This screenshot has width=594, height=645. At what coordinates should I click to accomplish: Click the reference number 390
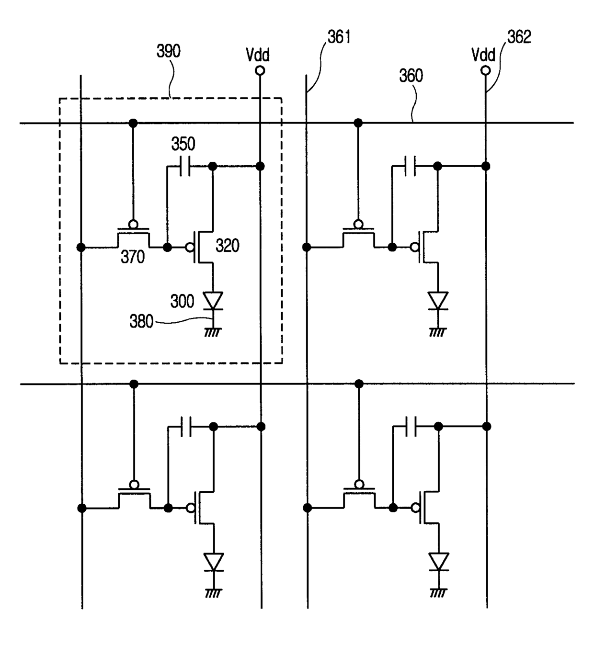click(x=168, y=51)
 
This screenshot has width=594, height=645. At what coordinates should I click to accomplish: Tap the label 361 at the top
click(x=339, y=37)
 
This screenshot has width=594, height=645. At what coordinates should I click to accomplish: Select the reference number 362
click(x=519, y=37)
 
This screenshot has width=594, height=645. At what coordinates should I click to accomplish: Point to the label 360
click(x=411, y=76)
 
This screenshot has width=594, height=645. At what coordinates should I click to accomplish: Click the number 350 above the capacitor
click(x=183, y=144)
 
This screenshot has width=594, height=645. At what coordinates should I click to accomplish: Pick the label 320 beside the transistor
click(x=228, y=246)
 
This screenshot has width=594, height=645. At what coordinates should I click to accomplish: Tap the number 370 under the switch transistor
click(x=133, y=257)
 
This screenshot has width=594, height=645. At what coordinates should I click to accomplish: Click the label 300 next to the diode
click(x=182, y=301)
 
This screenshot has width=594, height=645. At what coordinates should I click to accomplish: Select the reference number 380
click(x=141, y=321)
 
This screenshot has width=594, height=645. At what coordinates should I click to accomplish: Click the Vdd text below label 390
click(x=258, y=55)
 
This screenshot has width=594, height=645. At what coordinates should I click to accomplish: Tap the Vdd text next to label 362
click(x=483, y=55)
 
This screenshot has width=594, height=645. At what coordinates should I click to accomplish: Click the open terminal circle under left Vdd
click(x=260, y=70)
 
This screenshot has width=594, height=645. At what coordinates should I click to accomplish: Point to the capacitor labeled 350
click(x=185, y=166)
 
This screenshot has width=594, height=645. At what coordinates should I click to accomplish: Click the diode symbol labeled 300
click(x=213, y=301)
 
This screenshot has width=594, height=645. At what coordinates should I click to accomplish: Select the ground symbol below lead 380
click(x=213, y=332)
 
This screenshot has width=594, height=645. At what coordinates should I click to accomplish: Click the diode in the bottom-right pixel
click(x=439, y=562)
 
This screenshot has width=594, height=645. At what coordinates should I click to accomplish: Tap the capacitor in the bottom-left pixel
click(x=186, y=427)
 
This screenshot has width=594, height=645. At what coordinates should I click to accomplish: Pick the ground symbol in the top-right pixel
click(x=438, y=332)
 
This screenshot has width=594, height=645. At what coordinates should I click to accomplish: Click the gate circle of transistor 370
click(x=133, y=224)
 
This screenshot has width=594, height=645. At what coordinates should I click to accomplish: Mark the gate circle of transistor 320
click(x=190, y=247)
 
